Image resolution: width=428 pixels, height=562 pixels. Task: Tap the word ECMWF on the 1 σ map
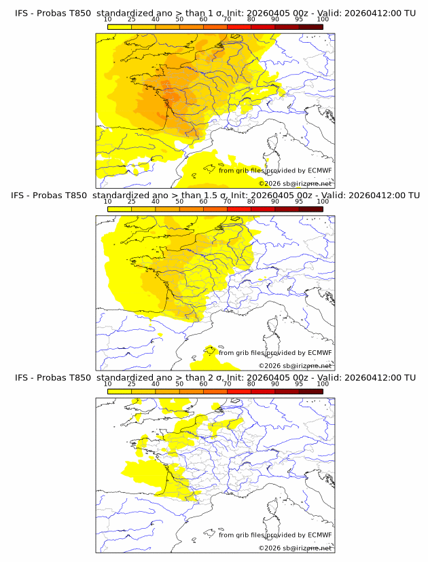(x=319, y=170)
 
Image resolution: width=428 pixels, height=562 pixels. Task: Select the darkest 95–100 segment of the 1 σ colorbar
(x=311, y=26)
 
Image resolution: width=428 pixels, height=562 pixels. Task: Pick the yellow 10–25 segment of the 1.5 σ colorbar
(x=120, y=208)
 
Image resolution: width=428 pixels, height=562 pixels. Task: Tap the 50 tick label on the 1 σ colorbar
(x=179, y=20)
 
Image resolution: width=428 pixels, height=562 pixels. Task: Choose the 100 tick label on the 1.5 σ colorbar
(x=323, y=202)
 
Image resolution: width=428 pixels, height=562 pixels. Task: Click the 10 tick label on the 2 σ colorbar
(x=108, y=383)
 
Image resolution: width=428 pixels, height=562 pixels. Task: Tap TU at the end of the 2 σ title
(x=410, y=377)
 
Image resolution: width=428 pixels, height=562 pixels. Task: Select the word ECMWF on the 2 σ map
(x=319, y=534)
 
